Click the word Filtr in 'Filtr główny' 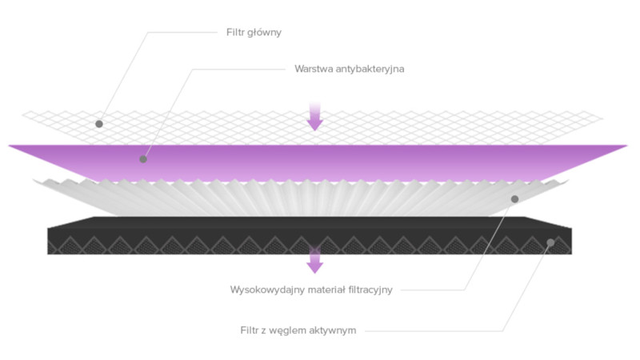[235, 32]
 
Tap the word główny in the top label [265, 33]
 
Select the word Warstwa [314, 69]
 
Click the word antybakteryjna [370, 69]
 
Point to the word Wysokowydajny [267, 290]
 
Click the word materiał [326, 290]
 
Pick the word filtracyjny [370, 290]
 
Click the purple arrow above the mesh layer [314, 117]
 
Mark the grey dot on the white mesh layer [99, 124]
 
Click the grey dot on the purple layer [143, 159]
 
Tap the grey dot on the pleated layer [514, 199]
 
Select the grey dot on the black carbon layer [550, 243]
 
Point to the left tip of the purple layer [9, 146]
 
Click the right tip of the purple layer [628, 146]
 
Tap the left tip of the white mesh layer [22, 115]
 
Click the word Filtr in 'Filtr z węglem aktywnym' [250, 330]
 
